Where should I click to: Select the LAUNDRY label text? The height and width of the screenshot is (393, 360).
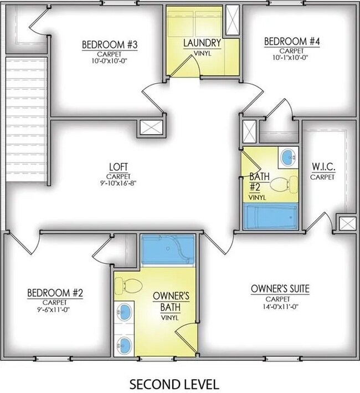(x=202, y=43)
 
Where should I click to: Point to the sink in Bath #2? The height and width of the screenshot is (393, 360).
(x=288, y=157)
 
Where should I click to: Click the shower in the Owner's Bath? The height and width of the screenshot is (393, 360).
(x=166, y=249)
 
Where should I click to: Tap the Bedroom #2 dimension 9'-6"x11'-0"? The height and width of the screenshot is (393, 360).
(x=54, y=309)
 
